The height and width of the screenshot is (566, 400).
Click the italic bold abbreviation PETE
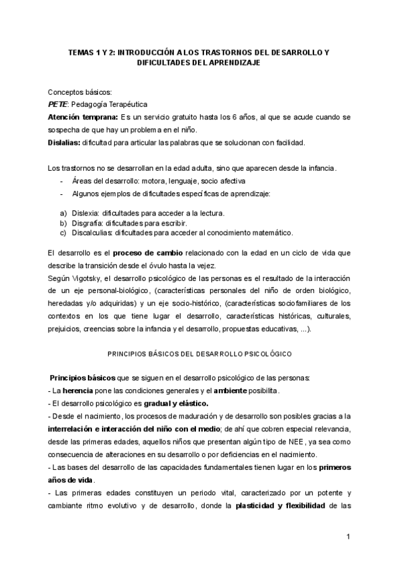pyautogui.click(x=57, y=104)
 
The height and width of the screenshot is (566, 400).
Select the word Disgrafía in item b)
pyautogui.click(x=77, y=223)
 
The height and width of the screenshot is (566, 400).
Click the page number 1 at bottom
pyautogui.click(x=347, y=536)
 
